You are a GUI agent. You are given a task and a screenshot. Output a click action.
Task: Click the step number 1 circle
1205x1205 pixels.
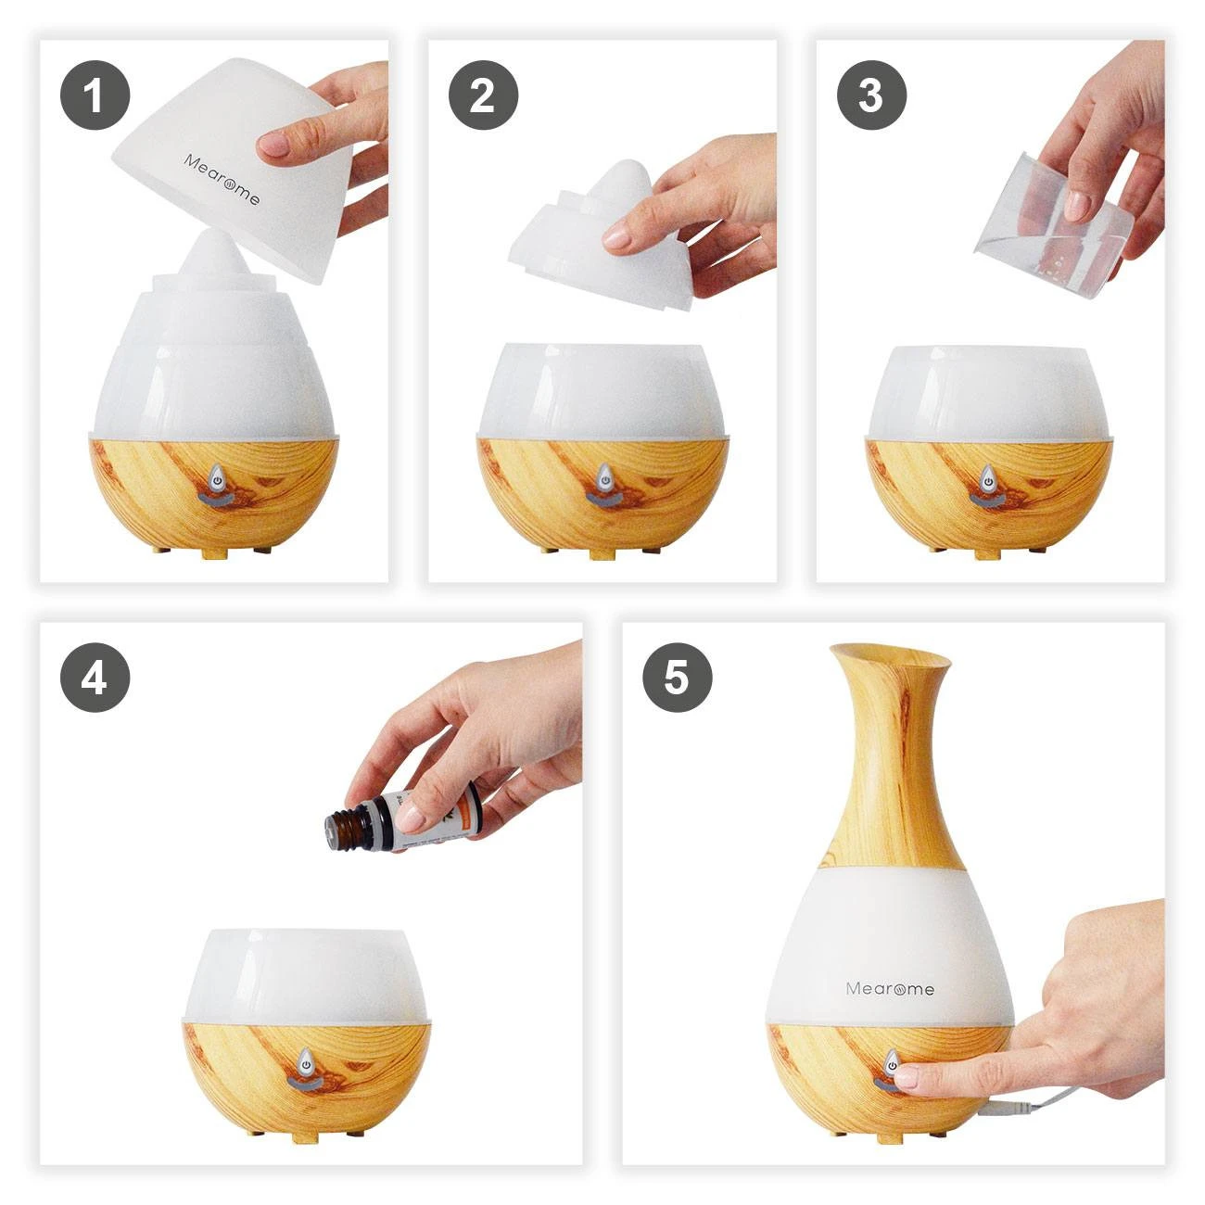pos(95,95)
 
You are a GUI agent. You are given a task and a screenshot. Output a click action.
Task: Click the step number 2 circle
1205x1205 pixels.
pos(483,95)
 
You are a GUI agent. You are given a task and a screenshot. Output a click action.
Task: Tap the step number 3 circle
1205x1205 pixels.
pos(871,95)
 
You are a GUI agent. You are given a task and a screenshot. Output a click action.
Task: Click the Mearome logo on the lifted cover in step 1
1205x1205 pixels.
pos(222,180)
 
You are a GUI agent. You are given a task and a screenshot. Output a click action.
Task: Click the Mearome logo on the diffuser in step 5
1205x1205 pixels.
pos(890,988)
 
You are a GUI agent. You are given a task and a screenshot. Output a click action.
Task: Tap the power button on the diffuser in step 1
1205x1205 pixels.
pos(216,479)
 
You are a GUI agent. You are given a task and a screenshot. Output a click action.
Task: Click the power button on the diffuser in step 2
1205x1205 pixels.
pos(603,479)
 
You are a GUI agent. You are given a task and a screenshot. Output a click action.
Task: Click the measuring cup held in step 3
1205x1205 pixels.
pos(1057,218)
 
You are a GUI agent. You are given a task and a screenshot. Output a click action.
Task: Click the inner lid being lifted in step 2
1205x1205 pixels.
pos(602,236)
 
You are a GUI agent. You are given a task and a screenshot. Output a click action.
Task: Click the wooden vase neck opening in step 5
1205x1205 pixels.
pos(890,656)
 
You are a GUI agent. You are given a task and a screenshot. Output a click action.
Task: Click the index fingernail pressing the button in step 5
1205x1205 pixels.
pos(907,1076)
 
